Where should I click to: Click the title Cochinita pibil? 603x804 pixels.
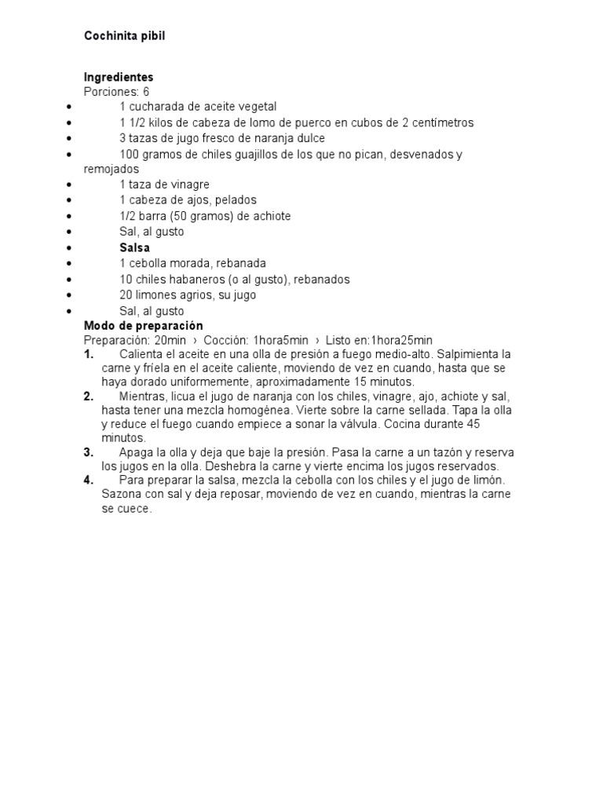[x=125, y=36]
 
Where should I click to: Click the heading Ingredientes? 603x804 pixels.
[x=119, y=77]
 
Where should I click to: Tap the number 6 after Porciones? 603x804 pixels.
[x=146, y=92]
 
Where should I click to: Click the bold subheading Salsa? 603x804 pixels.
[x=134, y=247]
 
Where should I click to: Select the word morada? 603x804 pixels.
[x=194, y=263]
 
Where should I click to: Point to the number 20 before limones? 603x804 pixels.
[x=126, y=294]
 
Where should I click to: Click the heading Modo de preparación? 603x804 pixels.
[x=143, y=326]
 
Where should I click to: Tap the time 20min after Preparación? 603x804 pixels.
[x=170, y=340]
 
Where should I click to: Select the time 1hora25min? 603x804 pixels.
[x=402, y=340]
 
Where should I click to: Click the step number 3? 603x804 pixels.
[x=89, y=453]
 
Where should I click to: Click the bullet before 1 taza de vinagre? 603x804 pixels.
[x=71, y=185]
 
